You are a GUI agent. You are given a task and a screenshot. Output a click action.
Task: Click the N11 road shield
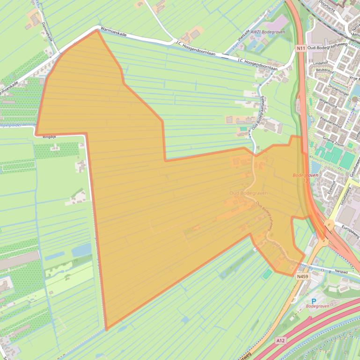pos(301,48)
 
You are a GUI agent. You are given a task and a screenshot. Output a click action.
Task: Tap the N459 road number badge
pos(302,277)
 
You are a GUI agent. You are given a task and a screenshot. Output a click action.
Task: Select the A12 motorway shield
pos(280,340)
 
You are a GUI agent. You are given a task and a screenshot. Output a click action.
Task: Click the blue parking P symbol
pos(314,301)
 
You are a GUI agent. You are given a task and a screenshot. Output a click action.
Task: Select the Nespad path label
pos(341,271)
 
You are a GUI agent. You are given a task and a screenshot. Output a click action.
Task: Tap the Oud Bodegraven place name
pos(248,193)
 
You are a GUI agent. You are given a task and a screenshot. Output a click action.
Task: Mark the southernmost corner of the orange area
pos(107,330)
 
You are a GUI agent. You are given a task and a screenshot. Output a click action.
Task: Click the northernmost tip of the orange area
pos(97,31)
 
